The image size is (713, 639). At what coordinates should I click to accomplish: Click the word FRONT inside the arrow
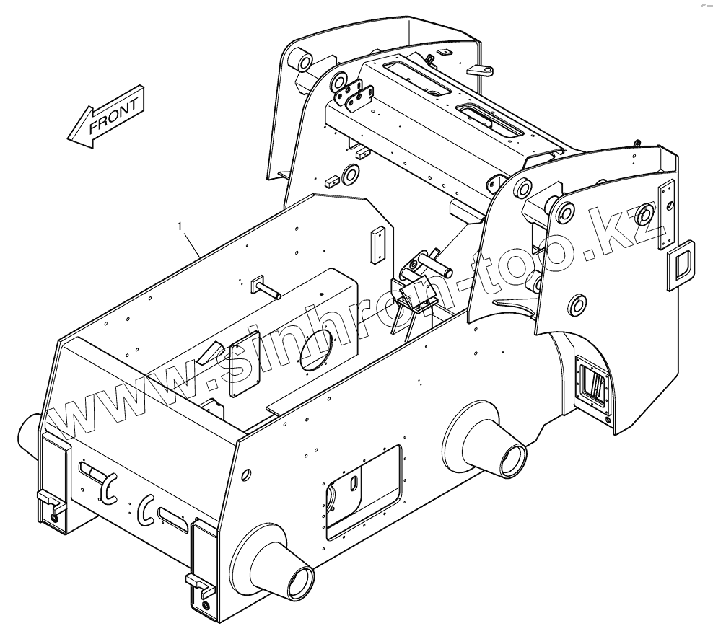(113, 115)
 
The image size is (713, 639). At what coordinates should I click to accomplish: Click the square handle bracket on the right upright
(679, 265)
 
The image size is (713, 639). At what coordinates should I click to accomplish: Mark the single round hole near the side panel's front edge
(247, 474)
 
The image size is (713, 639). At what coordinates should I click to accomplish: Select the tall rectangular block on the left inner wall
(377, 246)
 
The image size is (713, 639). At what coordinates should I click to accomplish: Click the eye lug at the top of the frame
(482, 70)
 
